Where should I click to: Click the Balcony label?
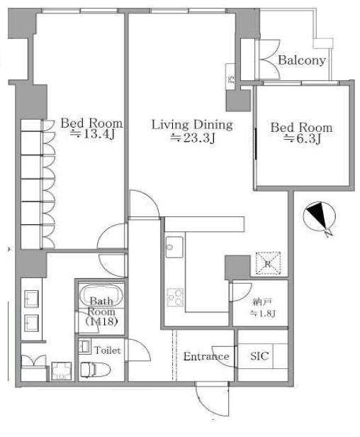point(302,60)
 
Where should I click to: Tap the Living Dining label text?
point(192,125)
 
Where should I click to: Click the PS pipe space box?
point(230,77)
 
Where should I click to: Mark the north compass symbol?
point(320,217)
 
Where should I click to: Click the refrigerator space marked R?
point(268,263)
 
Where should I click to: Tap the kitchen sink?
point(174,247)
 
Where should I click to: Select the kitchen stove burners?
point(175,297)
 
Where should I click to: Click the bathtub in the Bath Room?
point(101,295)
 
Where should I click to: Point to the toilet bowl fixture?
point(95,370)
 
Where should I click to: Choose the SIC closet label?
point(259,356)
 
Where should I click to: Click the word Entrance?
point(206,356)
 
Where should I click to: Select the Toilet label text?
point(108,350)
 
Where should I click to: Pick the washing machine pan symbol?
point(61,371)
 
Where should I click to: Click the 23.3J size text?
point(193,138)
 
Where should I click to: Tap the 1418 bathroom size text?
point(101,321)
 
